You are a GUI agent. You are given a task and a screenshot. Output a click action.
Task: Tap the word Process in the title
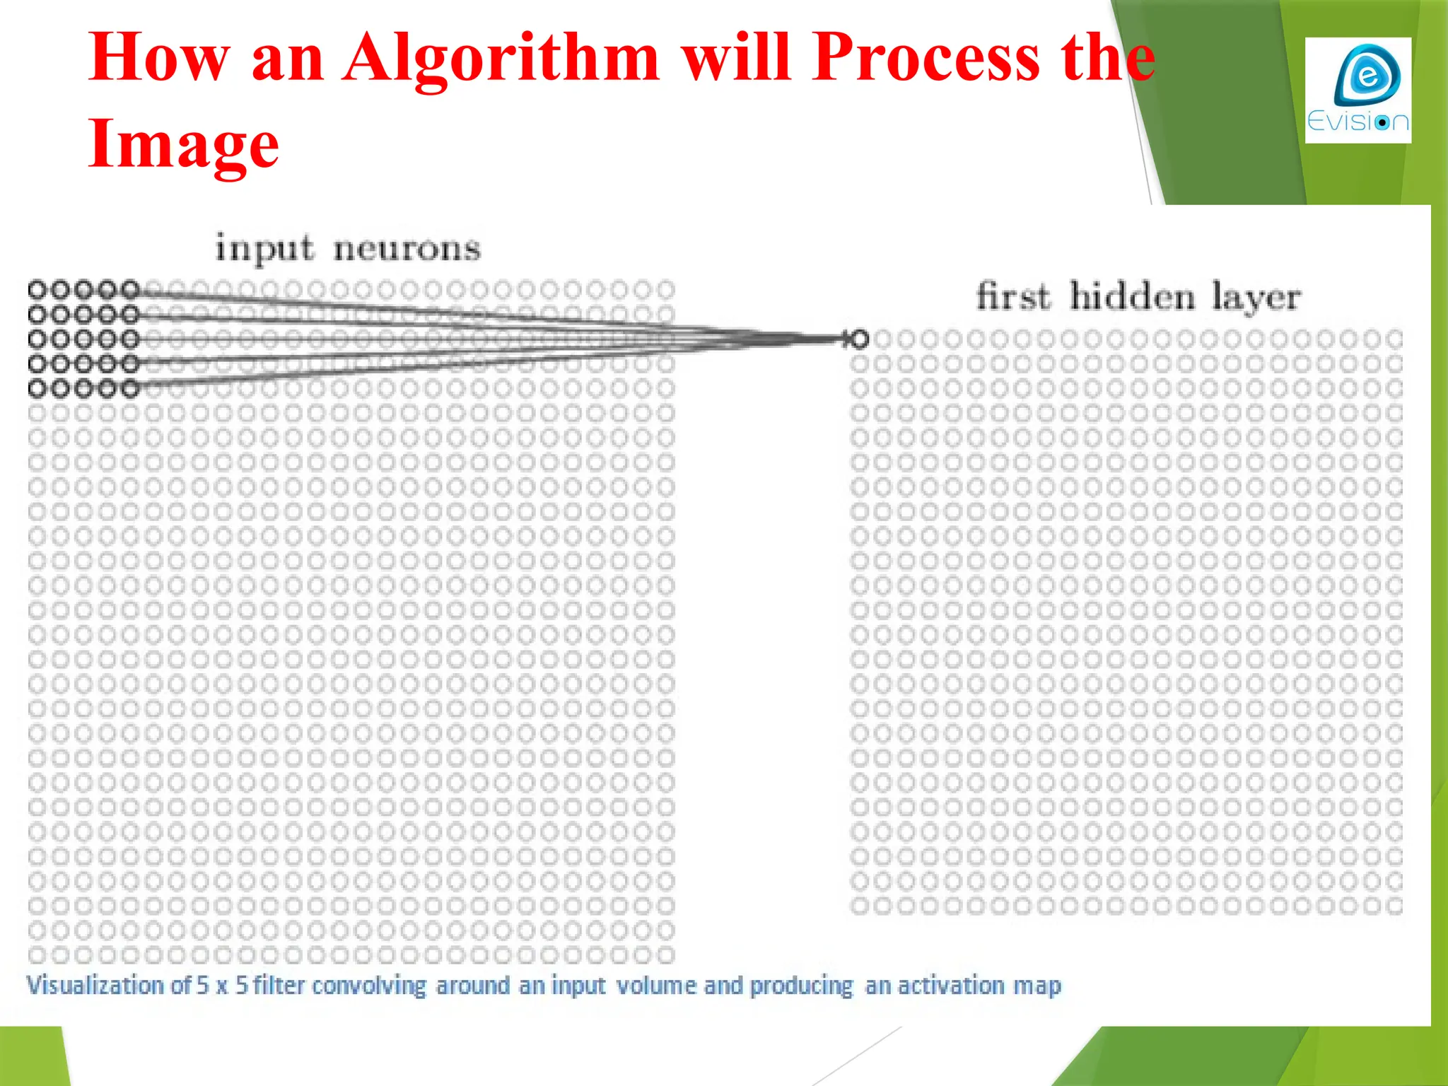pyautogui.click(x=926, y=58)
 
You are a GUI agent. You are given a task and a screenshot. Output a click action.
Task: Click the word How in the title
pyautogui.click(x=159, y=58)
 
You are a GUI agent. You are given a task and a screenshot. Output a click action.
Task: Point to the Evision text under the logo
pyautogui.click(x=1357, y=122)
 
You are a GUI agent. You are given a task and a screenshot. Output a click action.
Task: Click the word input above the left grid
pyautogui.click(x=264, y=249)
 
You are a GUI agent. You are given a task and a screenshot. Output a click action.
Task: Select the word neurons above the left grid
pyautogui.click(x=407, y=249)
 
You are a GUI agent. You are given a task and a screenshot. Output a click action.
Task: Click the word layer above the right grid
pyautogui.click(x=1256, y=297)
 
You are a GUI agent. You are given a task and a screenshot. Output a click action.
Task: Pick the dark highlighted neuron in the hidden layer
pyautogui.click(x=859, y=339)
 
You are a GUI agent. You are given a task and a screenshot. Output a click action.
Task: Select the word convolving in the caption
pyautogui.click(x=369, y=985)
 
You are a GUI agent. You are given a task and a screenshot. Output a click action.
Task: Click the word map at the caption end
pyautogui.click(x=1037, y=985)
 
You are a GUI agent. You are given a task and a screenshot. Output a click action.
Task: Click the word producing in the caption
pyautogui.click(x=802, y=985)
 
